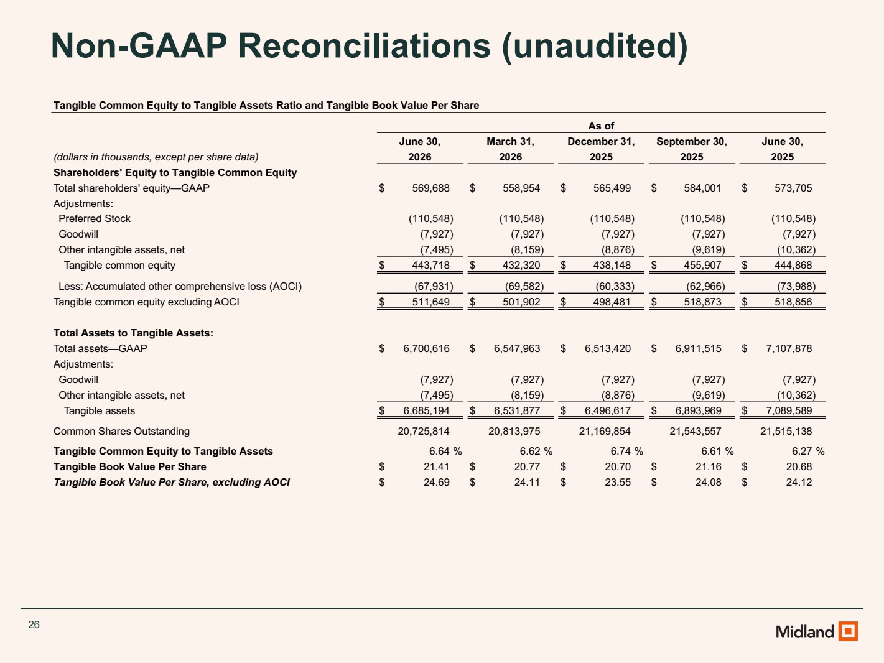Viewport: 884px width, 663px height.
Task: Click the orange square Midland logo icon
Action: [848, 631]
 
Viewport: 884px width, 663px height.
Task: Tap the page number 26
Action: [34, 624]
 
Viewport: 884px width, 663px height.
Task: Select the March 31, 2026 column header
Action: [510, 149]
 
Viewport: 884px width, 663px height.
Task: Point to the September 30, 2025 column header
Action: [692, 149]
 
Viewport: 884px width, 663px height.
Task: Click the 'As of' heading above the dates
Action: [601, 126]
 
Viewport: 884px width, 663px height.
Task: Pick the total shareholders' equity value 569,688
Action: [430, 188]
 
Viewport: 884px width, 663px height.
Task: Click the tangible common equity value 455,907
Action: [702, 265]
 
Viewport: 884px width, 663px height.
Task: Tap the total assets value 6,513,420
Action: [608, 348]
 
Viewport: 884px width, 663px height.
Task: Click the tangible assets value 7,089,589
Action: [789, 410]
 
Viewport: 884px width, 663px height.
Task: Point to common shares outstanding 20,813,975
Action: [514, 431]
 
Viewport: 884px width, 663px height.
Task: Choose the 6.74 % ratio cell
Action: [626, 452]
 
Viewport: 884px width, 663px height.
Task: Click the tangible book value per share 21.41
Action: [437, 466]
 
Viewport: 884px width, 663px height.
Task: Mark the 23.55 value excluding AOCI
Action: [618, 482]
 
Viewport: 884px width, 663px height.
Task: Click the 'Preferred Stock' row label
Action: [95, 218]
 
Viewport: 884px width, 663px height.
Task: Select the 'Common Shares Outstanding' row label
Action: [122, 431]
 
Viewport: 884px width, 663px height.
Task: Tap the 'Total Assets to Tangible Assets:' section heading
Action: [133, 333]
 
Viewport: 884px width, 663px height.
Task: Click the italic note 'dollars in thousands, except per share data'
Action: [156, 157]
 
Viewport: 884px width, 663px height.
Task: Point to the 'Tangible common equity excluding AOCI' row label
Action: [147, 302]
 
